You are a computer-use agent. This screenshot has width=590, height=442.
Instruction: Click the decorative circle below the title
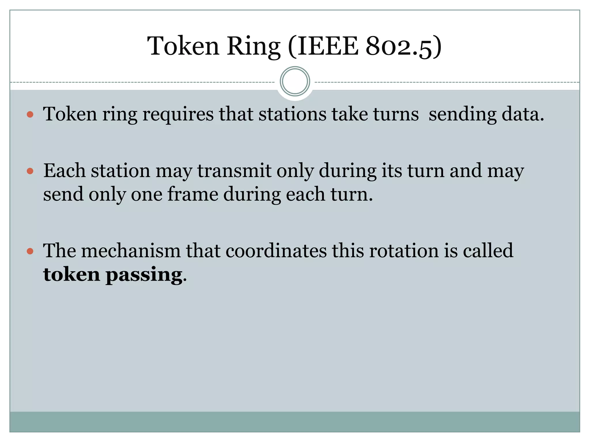coord(295,81)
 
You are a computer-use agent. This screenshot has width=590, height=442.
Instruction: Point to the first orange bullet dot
coord(30,115)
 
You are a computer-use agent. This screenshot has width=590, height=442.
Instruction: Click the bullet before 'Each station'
coord(30,172)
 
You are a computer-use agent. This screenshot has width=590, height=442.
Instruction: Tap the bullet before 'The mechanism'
coord(30,251)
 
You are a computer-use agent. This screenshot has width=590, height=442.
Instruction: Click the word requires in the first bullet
coord(178,114)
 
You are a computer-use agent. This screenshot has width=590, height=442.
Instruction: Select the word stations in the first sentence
coord(292,114)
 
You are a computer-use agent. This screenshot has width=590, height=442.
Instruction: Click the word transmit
coord(234,171)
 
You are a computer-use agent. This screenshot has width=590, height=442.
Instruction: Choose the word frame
coord(193,194)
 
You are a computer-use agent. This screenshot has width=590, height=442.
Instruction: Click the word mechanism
coord(131,251)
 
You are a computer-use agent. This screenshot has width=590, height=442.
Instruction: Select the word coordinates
coord(276,251)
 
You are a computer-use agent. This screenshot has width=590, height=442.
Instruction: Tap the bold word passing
coord(144,275)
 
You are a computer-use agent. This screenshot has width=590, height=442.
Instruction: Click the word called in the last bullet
coord(488,251)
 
